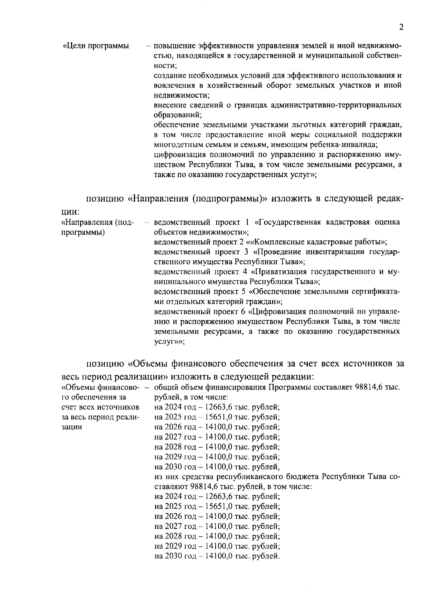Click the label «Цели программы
[96, 46]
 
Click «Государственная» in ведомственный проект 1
[288, 222]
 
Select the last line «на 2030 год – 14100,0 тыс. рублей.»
[217, 556]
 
